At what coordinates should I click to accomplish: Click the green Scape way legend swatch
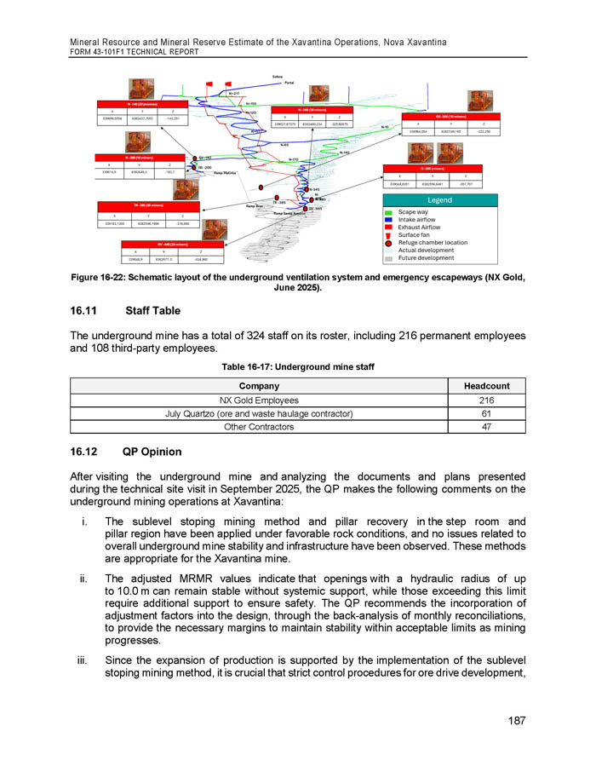click(x=390, y=212)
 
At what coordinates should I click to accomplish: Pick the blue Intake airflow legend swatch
click(x=390, y=220)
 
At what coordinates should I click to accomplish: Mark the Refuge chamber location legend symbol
click(x=390, y=243)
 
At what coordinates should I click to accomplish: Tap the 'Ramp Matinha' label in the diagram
click(x=225, y=173)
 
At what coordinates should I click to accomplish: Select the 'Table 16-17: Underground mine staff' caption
click(x=298, y=368)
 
